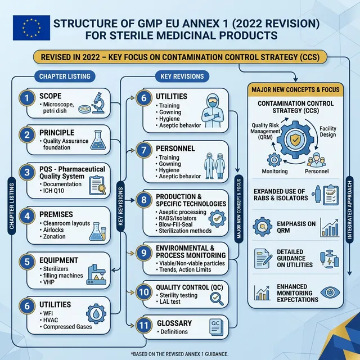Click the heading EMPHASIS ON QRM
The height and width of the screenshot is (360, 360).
[x=297, y=227]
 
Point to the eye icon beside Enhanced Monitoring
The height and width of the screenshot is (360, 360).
[x=327, y=292]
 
